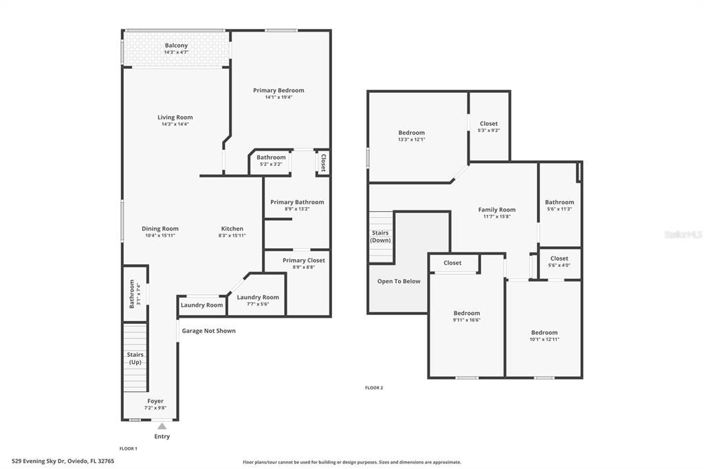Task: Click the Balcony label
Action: [176, 45]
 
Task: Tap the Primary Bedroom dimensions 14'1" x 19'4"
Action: [278, 98]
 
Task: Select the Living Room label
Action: [175, 118]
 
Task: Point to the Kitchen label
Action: [232, 229]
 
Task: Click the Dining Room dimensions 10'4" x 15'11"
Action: [160, 236]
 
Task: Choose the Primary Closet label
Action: [303, 261]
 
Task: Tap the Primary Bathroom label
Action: [297, 202]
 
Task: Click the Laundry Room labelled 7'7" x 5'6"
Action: [258, 297]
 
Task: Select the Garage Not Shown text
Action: [208, 331]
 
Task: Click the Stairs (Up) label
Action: [135, 358]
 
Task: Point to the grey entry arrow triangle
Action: [162, 426]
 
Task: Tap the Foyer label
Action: [155, 401]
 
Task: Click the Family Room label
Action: [496, 210]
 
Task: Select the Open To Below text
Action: [399, 281]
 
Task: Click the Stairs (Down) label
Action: [380, 237]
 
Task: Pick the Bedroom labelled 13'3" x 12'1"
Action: [411, 133]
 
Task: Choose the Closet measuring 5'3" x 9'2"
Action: [489, 124]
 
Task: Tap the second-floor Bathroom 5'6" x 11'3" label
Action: [560, 202]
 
